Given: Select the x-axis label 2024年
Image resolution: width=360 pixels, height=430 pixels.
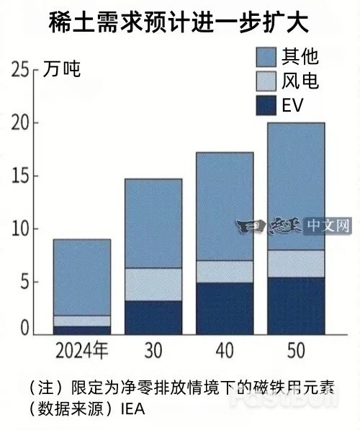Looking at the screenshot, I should [x=82, y=351].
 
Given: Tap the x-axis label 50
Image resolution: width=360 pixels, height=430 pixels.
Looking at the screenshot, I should [x=295, y=351].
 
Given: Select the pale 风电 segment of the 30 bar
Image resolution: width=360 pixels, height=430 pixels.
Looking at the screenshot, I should [x=153, y=285].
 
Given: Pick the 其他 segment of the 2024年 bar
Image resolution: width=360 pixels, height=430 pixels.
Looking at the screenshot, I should [x=82, y=277].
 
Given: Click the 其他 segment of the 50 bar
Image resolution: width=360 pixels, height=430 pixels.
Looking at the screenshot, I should [x=295, y=186].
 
